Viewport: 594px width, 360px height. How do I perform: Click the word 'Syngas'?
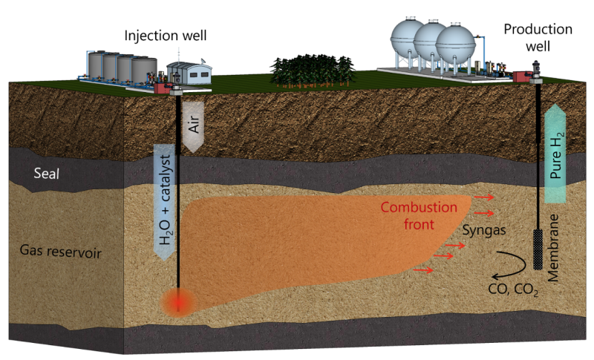tap(484, 231)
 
